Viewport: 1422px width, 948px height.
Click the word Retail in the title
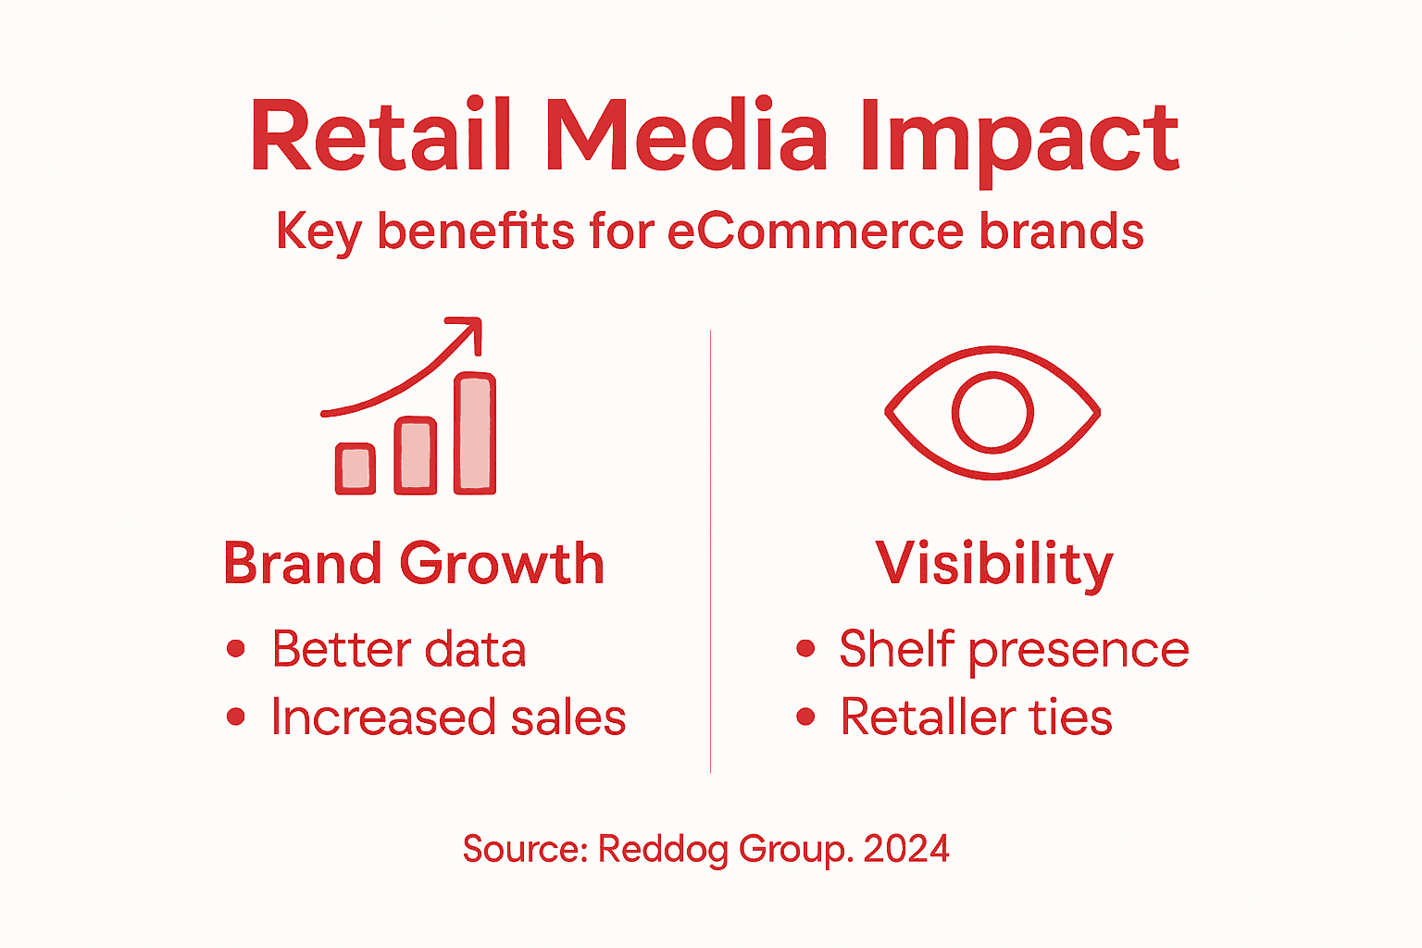380,137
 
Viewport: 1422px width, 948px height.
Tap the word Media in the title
685,137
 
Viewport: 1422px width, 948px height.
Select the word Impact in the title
1018,139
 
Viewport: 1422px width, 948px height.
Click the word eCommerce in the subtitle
815,231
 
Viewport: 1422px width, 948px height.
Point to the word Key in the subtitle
318,232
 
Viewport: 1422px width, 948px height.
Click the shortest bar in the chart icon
355,468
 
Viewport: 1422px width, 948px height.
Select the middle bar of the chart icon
416,455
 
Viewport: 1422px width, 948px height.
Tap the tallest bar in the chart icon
475,432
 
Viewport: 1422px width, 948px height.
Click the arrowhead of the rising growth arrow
470,330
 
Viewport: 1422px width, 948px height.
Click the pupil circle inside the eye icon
992,413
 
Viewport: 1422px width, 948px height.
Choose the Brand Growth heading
414,563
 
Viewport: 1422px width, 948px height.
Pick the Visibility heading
994,563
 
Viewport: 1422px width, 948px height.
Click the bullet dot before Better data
236,648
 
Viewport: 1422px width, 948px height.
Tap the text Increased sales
448,717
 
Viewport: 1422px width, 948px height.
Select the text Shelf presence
1014,648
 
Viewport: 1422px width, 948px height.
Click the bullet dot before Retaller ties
805,717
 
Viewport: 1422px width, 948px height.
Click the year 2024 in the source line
906,849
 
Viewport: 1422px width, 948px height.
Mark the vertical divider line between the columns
710,555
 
